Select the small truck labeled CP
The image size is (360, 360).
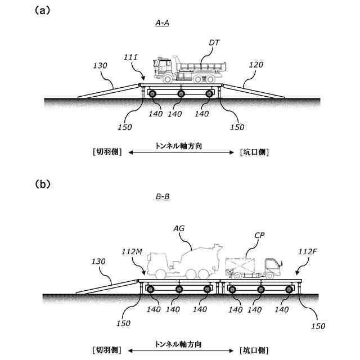pos(253,267)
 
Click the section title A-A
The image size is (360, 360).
pos(162,23)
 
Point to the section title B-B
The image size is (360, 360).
pos(162,197)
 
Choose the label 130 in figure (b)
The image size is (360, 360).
pos(98,262)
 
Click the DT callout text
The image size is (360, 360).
pos(214,42)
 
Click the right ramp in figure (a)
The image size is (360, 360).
pos(253,91)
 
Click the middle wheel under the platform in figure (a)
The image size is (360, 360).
pos(181,94)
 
